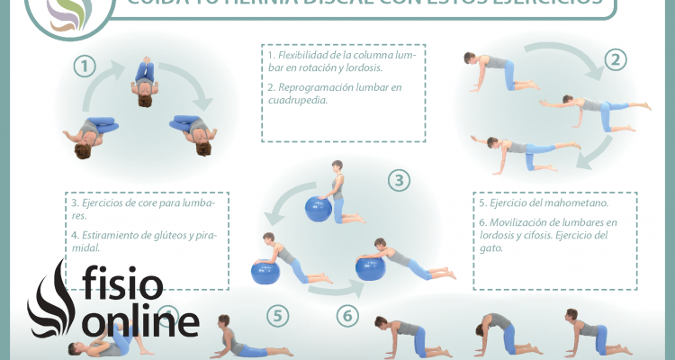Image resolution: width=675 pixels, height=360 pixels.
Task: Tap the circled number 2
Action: [616, 60]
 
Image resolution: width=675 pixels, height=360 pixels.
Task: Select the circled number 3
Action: [399, 181]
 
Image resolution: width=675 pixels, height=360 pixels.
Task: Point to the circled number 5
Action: [278, 316]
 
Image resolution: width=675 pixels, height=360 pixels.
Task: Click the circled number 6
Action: [348, 316]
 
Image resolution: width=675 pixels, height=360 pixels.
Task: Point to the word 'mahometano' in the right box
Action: [562, 204]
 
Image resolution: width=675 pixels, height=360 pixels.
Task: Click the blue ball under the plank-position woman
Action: [266, 270]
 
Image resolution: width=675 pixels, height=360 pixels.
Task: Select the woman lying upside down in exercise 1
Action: [144, 81]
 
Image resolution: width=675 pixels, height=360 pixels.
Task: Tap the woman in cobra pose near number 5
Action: [238, 337]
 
